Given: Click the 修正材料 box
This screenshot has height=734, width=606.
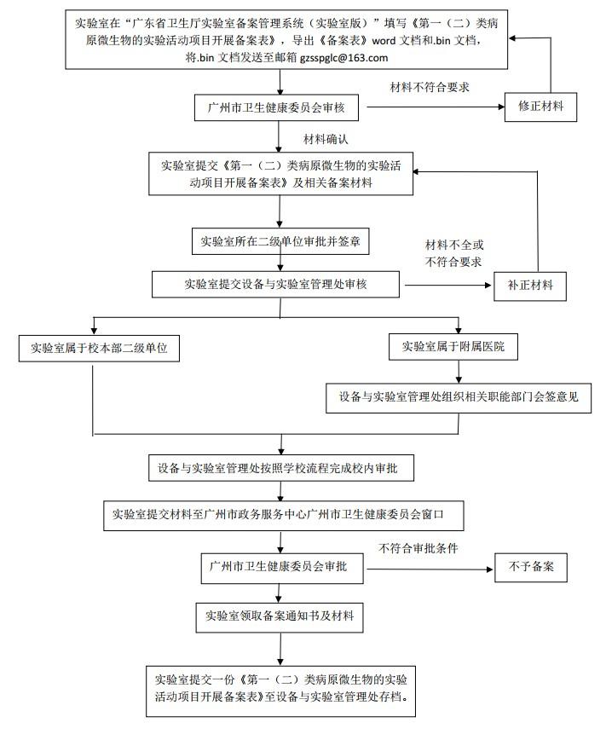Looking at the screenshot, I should tap(546, 107).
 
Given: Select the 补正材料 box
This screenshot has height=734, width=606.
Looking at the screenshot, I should tap(530, 286).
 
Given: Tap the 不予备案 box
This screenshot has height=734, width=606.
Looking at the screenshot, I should tap(531, 567).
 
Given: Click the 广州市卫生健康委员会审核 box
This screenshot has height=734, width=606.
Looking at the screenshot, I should tap(280, 108).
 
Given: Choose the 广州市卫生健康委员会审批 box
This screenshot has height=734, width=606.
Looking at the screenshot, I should tap(280, 567).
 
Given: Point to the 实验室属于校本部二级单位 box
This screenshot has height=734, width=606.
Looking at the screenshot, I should tap(99, 348).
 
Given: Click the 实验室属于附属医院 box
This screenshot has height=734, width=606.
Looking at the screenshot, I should tap(459, 347).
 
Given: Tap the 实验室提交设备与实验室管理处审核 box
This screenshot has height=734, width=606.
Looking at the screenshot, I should tap(275, 284).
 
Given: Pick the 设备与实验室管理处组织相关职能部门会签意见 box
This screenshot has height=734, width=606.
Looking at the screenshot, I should tap(459, 396).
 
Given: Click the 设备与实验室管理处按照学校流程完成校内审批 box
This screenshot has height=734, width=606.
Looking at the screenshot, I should tap(280, 468).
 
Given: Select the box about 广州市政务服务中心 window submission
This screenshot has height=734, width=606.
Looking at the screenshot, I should tap(277, 515).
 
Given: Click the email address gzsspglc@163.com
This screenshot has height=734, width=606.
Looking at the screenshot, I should tap(343, 58).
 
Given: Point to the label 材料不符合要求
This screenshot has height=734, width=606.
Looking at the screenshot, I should tap(430, 87).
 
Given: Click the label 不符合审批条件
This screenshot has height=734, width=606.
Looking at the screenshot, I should tap(419, 548).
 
